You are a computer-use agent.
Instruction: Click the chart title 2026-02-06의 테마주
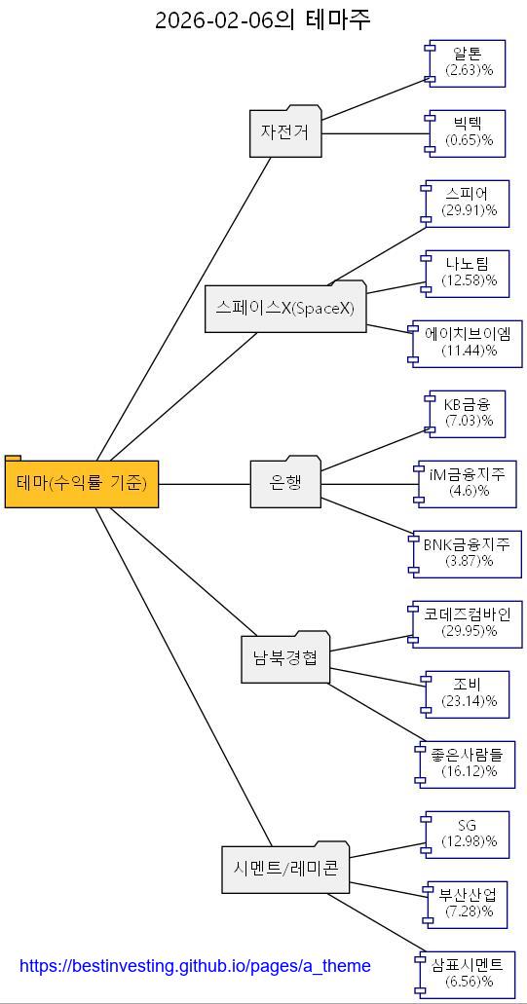(x=263, y=19)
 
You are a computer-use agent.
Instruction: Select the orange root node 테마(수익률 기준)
(x=82, y=483)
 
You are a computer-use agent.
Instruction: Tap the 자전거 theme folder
(x=284, y=131)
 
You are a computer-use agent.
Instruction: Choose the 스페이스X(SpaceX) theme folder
(x=285, y=309)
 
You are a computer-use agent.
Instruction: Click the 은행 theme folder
(x=285, y=483)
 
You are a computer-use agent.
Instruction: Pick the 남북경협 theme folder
(x=284, y=658)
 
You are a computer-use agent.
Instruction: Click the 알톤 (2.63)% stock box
(x=469, y=62)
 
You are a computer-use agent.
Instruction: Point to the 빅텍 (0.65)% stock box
(x=469, y=132)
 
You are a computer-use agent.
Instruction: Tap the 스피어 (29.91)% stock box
(x=467, y=203)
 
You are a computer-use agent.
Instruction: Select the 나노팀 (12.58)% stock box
(x=469, y=273)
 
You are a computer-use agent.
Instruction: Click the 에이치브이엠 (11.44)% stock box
(x=469, y=343)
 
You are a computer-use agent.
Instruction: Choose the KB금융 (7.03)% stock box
(x=469, y=413)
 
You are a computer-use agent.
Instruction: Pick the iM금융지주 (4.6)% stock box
(x=469, y=483)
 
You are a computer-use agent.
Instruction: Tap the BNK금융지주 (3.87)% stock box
(x=467, y=553)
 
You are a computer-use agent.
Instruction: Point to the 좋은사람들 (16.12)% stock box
(x=467, y=763)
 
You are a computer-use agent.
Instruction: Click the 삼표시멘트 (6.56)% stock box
(x=467, y=974)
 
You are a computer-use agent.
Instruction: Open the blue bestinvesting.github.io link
(x=195, y=966)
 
